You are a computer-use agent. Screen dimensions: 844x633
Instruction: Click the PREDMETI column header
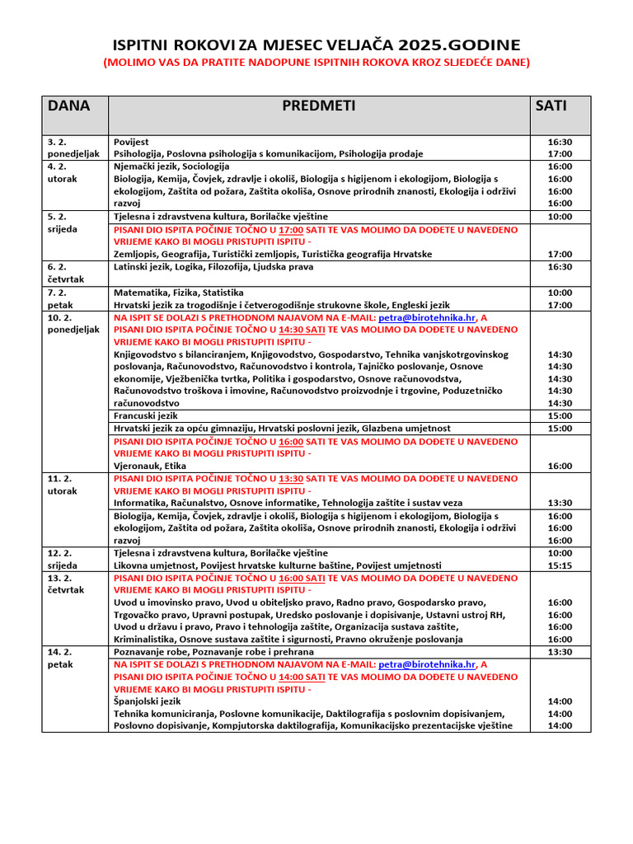click(x=318, y=105)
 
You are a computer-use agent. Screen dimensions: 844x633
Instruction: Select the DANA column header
click(x=68, y=105)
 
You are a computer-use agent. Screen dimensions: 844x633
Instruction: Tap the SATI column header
click(x=551, y=105)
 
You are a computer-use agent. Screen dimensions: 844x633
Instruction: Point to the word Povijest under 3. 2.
click(x=131, y=142)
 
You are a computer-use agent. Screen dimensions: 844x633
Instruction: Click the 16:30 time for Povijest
click(x=560, y=142)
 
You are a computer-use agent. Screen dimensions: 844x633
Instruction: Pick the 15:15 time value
click(x=560, y=565)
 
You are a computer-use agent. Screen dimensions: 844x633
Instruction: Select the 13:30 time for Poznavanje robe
click(x=560, y=652)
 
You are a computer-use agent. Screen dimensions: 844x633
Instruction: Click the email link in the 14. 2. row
click(x=427, y=664)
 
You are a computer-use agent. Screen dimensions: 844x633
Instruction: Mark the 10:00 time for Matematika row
click(x=560, y=293)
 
